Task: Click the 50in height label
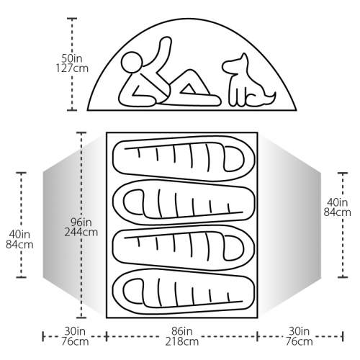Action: click(x=72, y=58)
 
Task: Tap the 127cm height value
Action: click(x=72, y=68)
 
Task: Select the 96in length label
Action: click(x=81, y=222)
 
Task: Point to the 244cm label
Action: click(x=81, y=232)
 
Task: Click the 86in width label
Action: click(x=182, y=331)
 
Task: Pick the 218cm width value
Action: click(x=182, y=341)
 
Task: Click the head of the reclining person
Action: click(x=131, y=62)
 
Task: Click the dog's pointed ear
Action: click(x=244, y=58)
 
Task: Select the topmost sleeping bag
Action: click(x=184, y=158)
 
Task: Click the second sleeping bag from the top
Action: click(x=184, y=202)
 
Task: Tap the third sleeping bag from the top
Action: click(x=184, y=247)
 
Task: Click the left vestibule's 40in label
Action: click(x=19, y=234)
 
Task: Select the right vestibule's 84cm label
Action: click(x=337, y=212)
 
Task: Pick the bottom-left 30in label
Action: click(x=75, y=331)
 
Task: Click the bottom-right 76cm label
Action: click(x=299, y=341)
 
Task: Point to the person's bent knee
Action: click(x=191, y=71)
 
